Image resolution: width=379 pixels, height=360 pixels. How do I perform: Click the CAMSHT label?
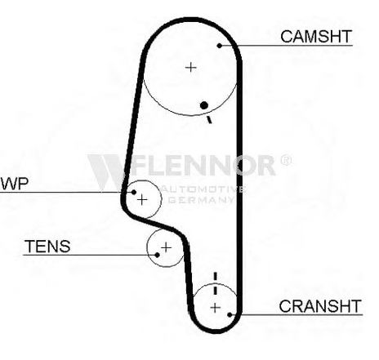[x=316, y=37]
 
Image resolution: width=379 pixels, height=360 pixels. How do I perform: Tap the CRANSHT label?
[x=320, y=306]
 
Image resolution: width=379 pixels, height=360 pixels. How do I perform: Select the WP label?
[x=15, y=184]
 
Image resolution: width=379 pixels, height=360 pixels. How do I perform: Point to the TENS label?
[x=47, y=247]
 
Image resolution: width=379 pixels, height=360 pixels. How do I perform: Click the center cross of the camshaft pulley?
[x=190, y=67]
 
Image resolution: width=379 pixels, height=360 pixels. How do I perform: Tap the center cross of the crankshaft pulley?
[x=216, y=308]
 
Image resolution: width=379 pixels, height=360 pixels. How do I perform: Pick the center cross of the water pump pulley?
[x=142, y=200]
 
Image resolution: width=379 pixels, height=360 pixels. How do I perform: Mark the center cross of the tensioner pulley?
[x=166, y=247]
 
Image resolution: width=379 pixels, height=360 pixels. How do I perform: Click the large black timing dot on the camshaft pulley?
[x=204, y=105]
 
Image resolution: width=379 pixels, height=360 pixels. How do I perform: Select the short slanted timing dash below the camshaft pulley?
[x=209, y=119]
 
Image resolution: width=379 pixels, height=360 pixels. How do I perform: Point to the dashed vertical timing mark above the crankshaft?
[x=216, y=283]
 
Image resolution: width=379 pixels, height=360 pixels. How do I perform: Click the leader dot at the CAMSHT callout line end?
[x=220, y=46]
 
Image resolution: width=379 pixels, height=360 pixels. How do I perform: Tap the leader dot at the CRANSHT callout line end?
[x=230, y=315]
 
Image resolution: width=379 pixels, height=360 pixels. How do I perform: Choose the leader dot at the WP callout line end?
[x=134, y=192]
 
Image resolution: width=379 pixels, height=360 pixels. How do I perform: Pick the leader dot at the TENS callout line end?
[x=157, y=255]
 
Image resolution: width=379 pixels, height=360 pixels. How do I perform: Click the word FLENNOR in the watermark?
[x=203, y=165]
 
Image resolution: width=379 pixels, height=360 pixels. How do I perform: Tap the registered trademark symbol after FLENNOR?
[x=286, y=160]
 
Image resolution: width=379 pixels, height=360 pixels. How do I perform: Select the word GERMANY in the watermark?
[x=201, y=200]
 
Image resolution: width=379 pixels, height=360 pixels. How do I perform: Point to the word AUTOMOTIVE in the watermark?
[x=203, y=189]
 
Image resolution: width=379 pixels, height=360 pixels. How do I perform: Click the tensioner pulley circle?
[x=147, y=247]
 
